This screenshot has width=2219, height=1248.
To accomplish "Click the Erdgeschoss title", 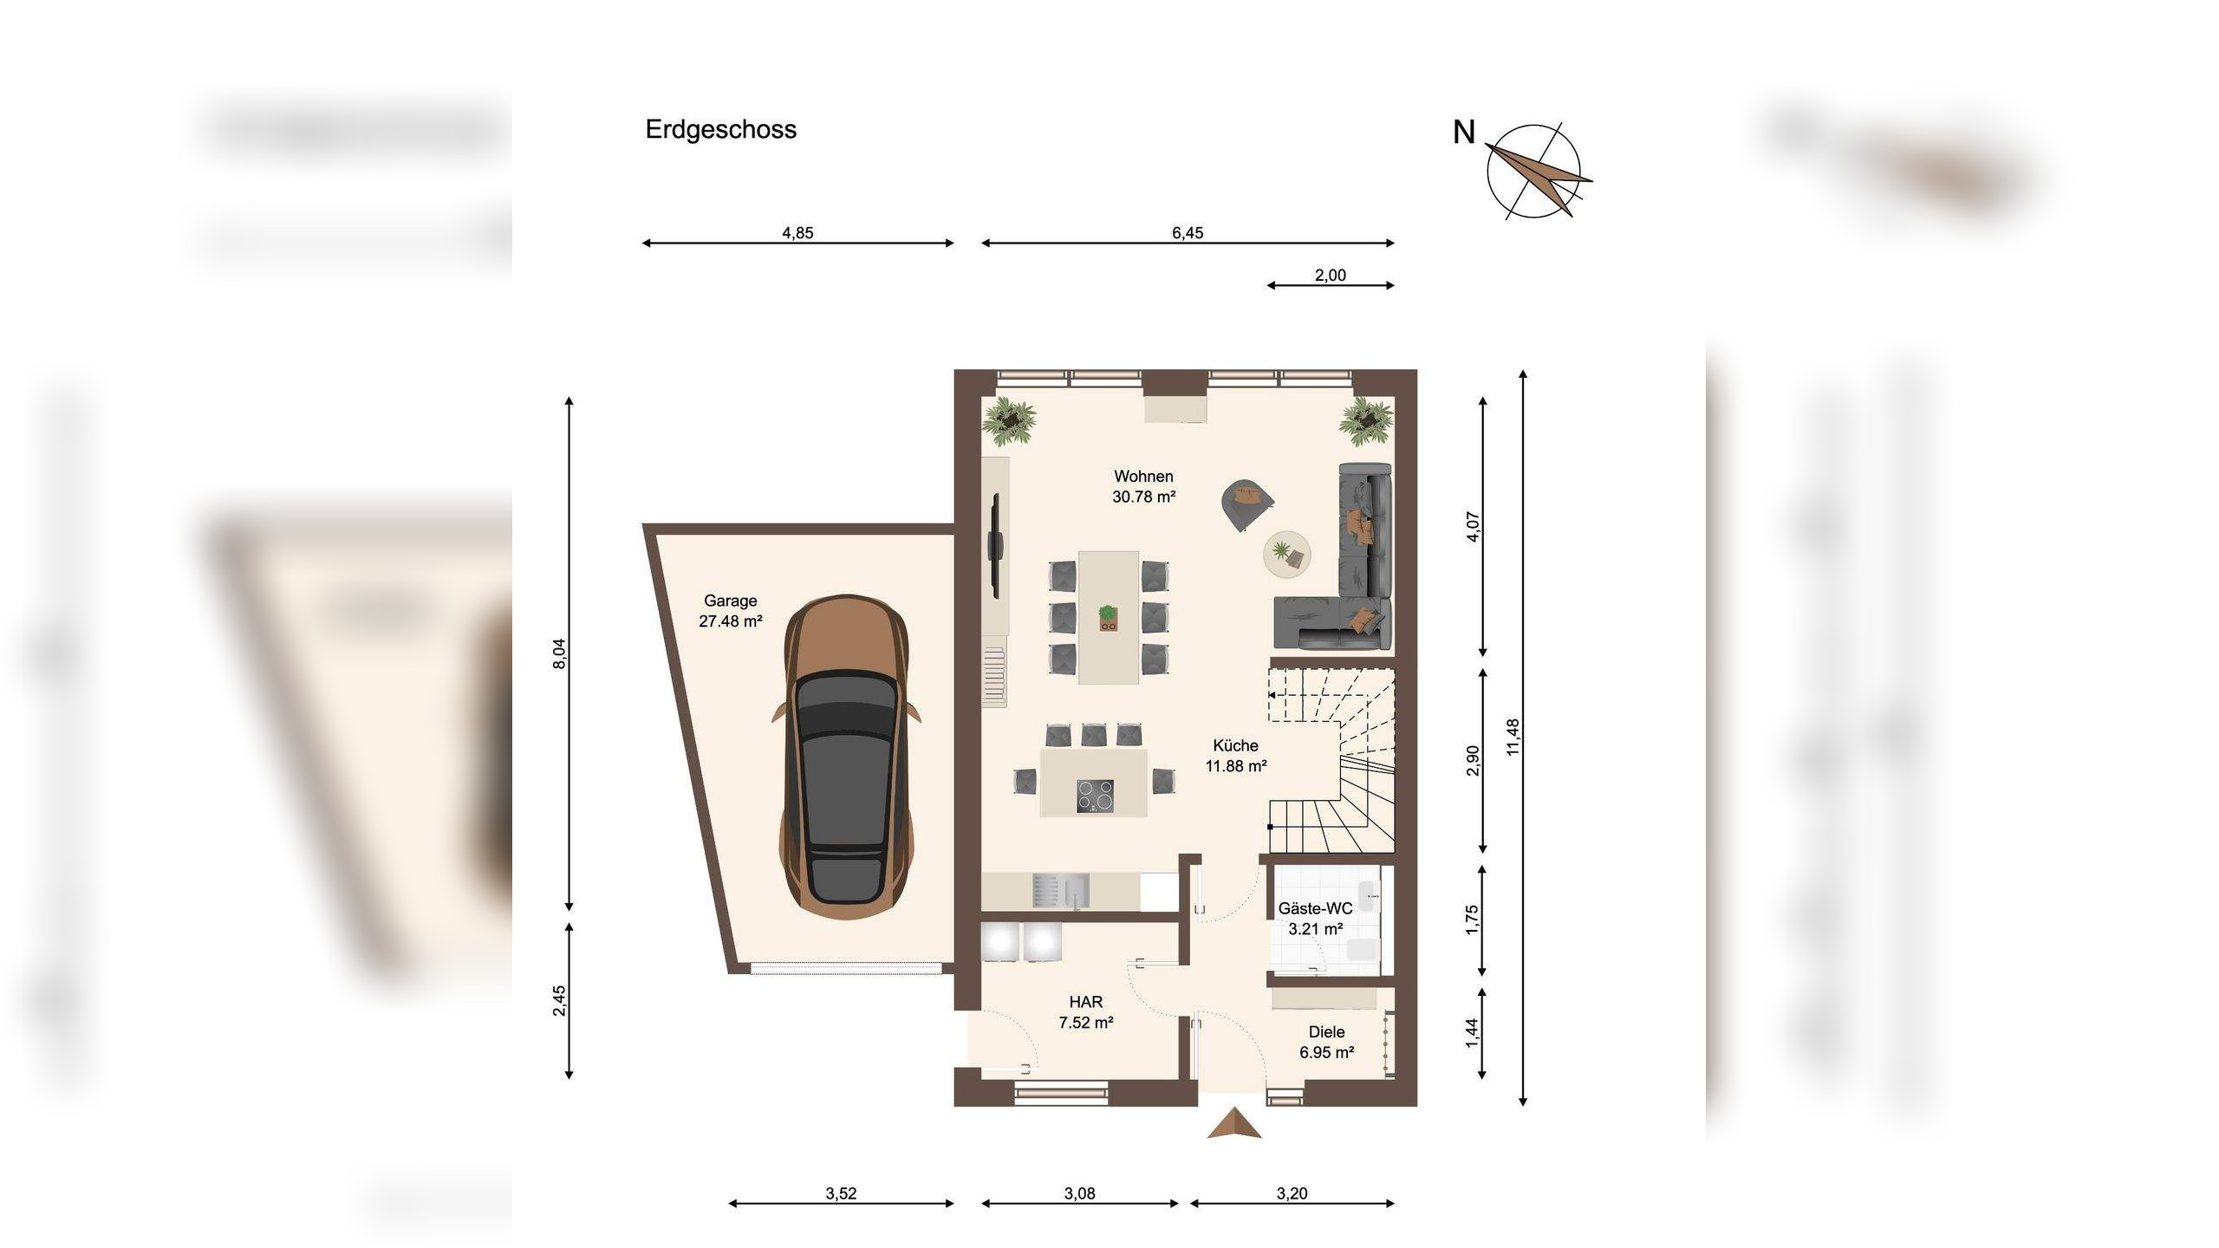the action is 720,130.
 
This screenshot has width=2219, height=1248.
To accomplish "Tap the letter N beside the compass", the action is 1464,133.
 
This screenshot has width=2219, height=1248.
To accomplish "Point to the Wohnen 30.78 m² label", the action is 1144,486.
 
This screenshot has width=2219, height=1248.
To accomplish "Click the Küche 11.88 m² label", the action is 1236,756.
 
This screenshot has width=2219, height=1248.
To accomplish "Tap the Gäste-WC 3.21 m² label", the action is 1316,919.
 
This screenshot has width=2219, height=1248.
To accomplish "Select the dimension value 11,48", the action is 1513,737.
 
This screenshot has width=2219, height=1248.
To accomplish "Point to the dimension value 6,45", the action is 1188,232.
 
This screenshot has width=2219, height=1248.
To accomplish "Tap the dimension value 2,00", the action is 1331,275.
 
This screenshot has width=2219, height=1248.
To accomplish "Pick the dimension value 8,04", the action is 559,653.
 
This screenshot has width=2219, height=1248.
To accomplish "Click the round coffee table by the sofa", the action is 1286,553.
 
